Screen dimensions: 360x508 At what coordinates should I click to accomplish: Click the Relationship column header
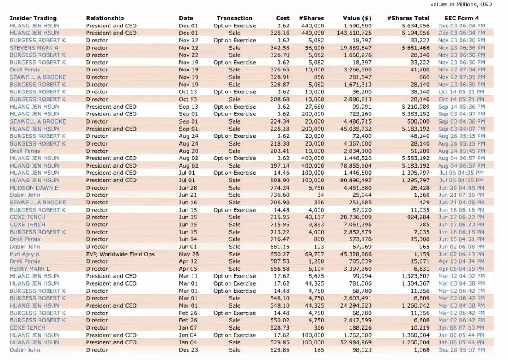[105, 18]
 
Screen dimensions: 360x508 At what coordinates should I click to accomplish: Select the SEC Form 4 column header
[461, 18]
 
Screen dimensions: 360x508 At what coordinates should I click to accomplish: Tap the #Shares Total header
[408, 18]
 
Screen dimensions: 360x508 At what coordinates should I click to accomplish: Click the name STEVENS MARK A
[34, 48]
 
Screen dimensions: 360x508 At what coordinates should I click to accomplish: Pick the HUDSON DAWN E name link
[34, 188]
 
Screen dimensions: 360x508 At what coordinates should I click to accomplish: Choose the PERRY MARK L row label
[30, 269]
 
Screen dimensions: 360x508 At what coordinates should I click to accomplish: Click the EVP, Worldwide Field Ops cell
[120, 254]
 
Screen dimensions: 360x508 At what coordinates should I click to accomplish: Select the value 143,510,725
[354, 33]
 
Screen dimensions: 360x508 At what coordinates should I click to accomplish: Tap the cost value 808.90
[280, 180]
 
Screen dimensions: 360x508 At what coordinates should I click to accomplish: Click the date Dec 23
[186, 350]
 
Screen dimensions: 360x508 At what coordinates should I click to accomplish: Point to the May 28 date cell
[187, 254]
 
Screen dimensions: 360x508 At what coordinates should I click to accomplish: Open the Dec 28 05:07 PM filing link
[461, 350]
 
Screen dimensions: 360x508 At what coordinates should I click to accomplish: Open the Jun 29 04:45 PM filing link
[461, 188]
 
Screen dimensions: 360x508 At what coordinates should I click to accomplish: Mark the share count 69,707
[314, 254]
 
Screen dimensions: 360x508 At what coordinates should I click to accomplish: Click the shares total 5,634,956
[415, 26]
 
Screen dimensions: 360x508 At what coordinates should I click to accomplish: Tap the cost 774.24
[280, 188]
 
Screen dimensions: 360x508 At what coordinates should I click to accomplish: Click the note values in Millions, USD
[461, 5]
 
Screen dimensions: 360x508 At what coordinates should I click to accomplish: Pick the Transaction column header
[235, 18]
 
